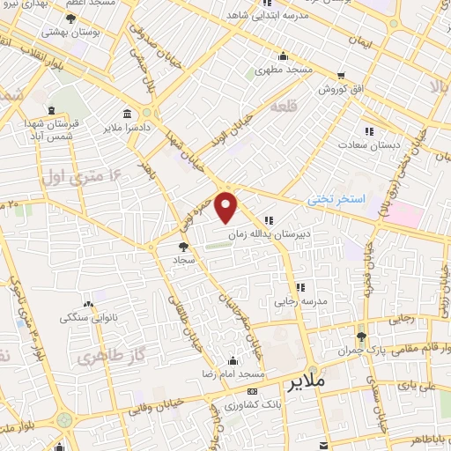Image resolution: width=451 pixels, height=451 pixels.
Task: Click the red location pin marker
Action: (x=228, y=208)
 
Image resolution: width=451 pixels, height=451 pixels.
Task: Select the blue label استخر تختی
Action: (x=336, y=200)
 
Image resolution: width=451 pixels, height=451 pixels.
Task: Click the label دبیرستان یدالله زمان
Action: (x=271, y=235)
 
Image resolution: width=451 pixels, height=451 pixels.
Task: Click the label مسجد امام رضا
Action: (x=232, y=373)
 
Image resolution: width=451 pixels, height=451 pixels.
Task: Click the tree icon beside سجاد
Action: (x=183, y=248)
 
